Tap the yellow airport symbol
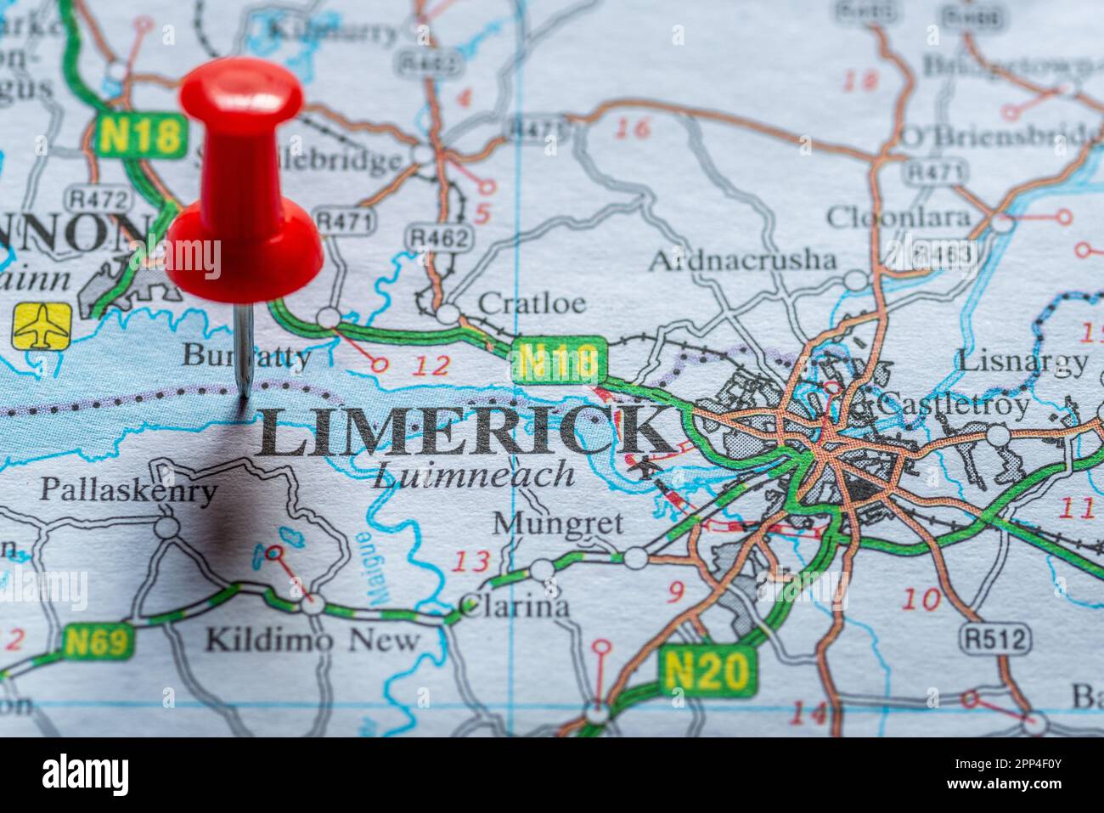42,325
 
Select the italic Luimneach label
473,475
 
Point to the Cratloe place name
532,303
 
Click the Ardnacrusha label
741,259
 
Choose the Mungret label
558,523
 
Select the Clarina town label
514,607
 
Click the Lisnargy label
1022,361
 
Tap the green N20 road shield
707,671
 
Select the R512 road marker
994,637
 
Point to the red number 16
633,128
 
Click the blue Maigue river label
368,569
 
